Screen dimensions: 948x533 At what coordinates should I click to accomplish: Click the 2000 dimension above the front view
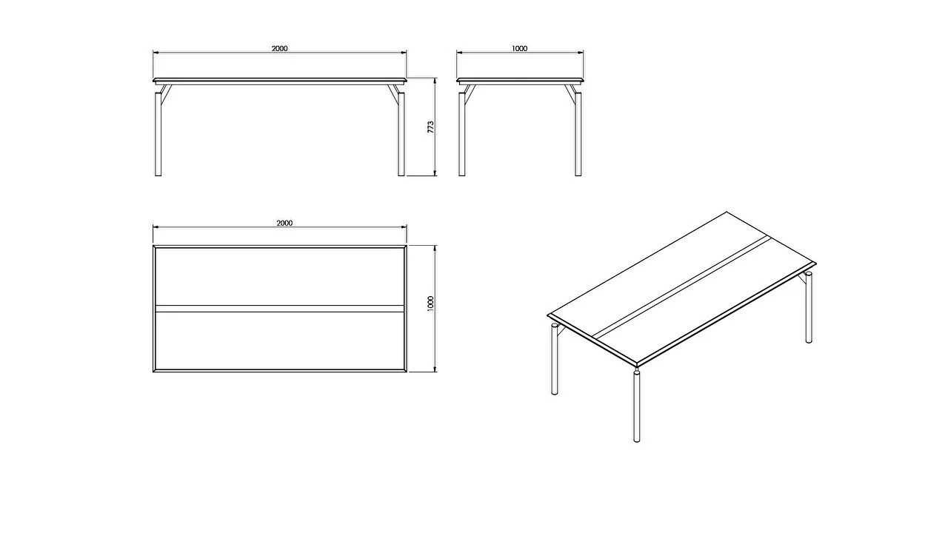point(279,49)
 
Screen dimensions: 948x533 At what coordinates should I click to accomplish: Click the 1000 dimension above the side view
point(519,49)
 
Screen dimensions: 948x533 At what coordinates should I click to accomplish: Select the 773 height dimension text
point(430,127)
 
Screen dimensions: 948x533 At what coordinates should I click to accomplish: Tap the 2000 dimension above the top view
point(284,223)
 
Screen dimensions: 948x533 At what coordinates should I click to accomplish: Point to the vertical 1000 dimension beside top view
point(430,304)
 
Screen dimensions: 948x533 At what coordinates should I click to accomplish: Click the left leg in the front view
point(158,134)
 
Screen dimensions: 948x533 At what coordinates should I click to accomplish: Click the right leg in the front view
point(401,134)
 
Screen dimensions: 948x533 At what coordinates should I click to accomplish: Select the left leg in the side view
point(462,134)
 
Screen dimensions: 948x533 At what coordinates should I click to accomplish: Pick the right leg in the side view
point(578,134)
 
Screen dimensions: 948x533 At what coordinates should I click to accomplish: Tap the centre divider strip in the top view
point(280,309)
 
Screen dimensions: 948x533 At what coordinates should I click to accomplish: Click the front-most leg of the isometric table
point(636,406)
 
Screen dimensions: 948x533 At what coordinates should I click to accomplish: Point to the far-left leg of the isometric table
point(555,359)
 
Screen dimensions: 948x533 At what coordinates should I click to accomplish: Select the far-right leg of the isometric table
point(809,307)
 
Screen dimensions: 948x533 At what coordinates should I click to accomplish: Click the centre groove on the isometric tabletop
point(682,287)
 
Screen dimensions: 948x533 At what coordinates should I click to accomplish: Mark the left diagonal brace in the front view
point(166,95)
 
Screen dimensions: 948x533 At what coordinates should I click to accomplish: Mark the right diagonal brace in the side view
point(570,95)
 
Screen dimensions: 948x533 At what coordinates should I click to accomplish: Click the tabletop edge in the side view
point(520,80)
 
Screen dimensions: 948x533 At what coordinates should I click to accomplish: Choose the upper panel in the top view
point(280,276)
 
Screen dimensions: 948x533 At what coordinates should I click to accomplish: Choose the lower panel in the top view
point(280,341)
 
